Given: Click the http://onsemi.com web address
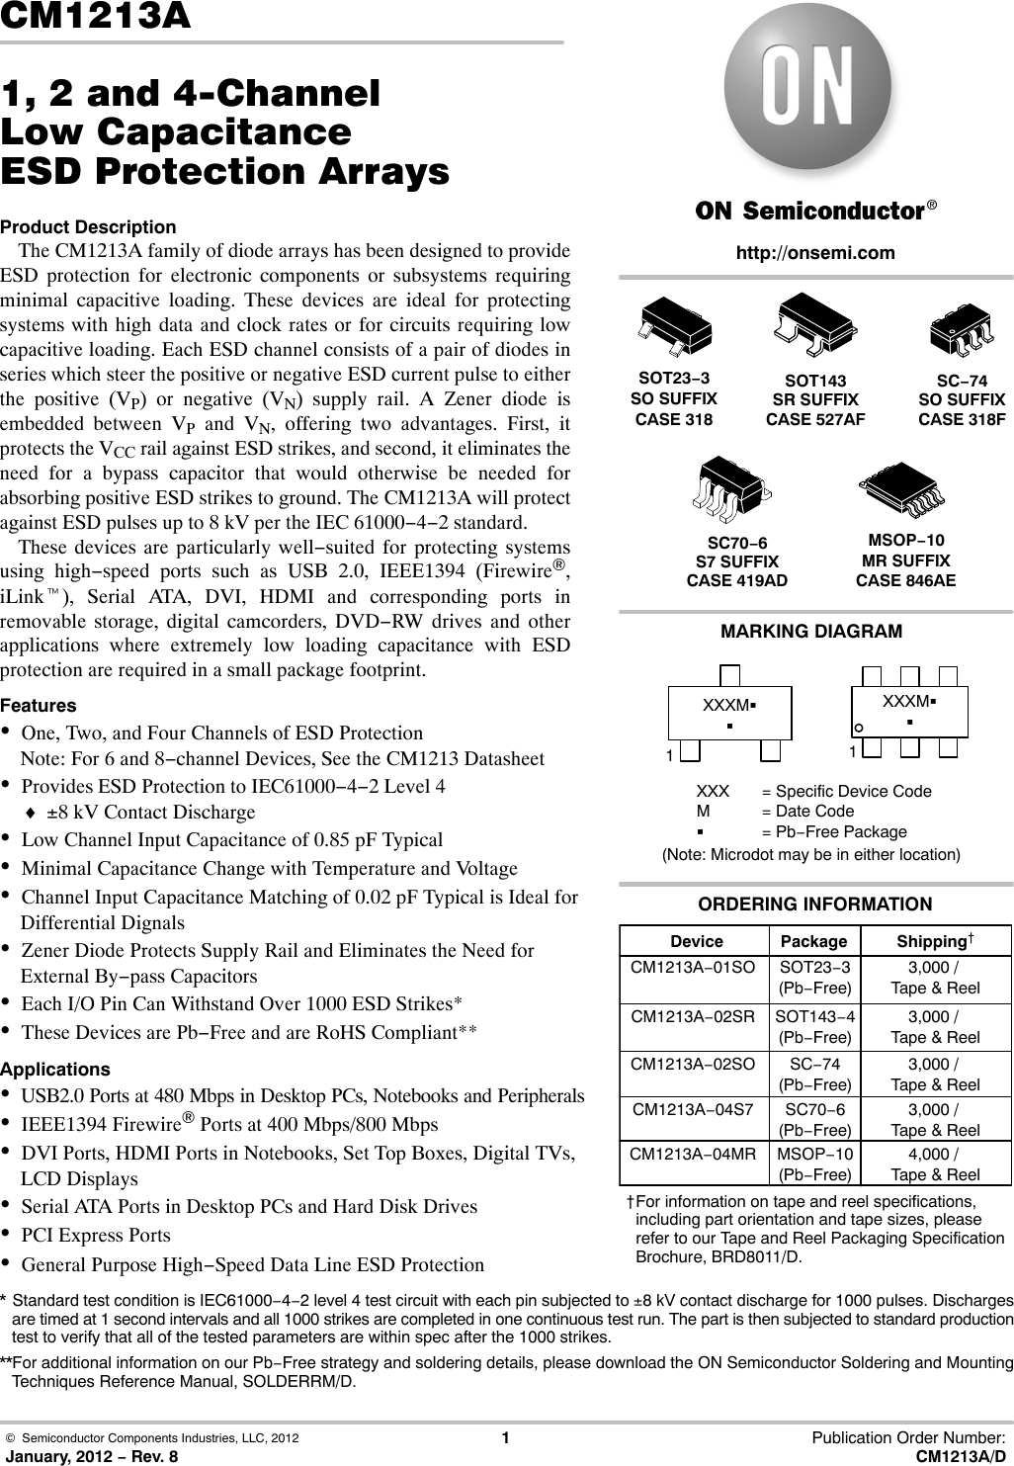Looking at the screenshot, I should point(815,253).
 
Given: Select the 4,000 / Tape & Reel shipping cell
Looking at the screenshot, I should point(935,1164).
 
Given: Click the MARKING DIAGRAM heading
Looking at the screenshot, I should point(811,631).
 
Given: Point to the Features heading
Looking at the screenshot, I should point(39,706).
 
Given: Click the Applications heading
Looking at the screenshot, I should point(55,1070).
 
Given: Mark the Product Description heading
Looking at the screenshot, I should point(88,227).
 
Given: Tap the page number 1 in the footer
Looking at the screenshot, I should point(506,1438).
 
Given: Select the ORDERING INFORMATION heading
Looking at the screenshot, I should point(814,904).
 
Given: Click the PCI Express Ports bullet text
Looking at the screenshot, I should point(96,1235).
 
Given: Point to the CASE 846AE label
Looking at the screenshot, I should point(905,580).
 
